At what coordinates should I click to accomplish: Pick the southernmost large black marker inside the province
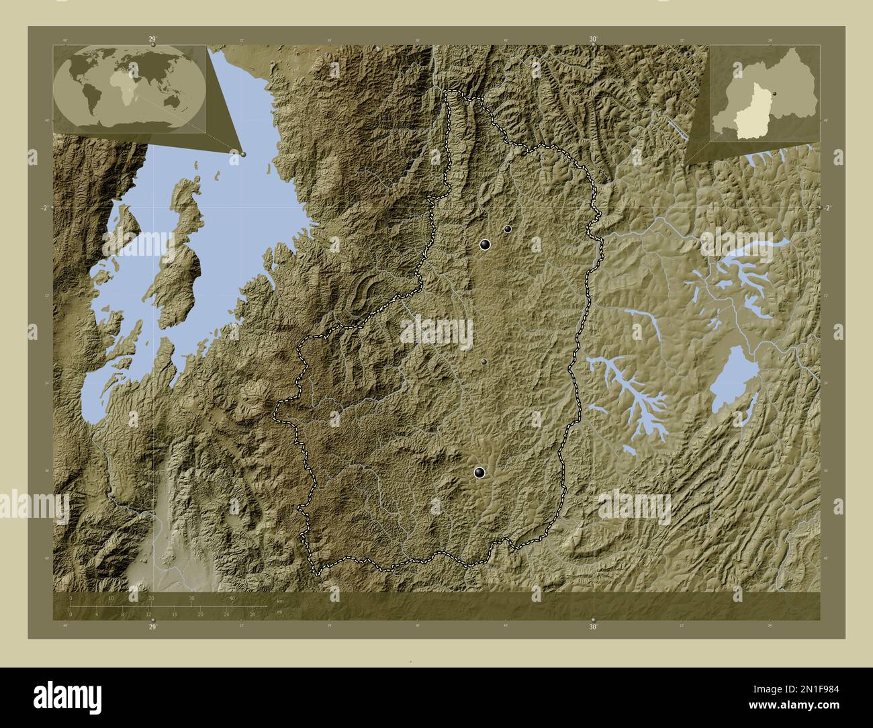pyautogui.click(x=479, y=473)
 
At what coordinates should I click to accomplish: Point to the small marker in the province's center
pyautogui.click(x=484, y=362)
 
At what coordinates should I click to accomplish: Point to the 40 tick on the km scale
pyautogui.click(x=232, y=598)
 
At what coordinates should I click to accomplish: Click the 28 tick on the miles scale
pyautogui.click(x=252, y=614)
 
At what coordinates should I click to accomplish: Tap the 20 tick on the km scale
pyautogui.click(x=152, y=598)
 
